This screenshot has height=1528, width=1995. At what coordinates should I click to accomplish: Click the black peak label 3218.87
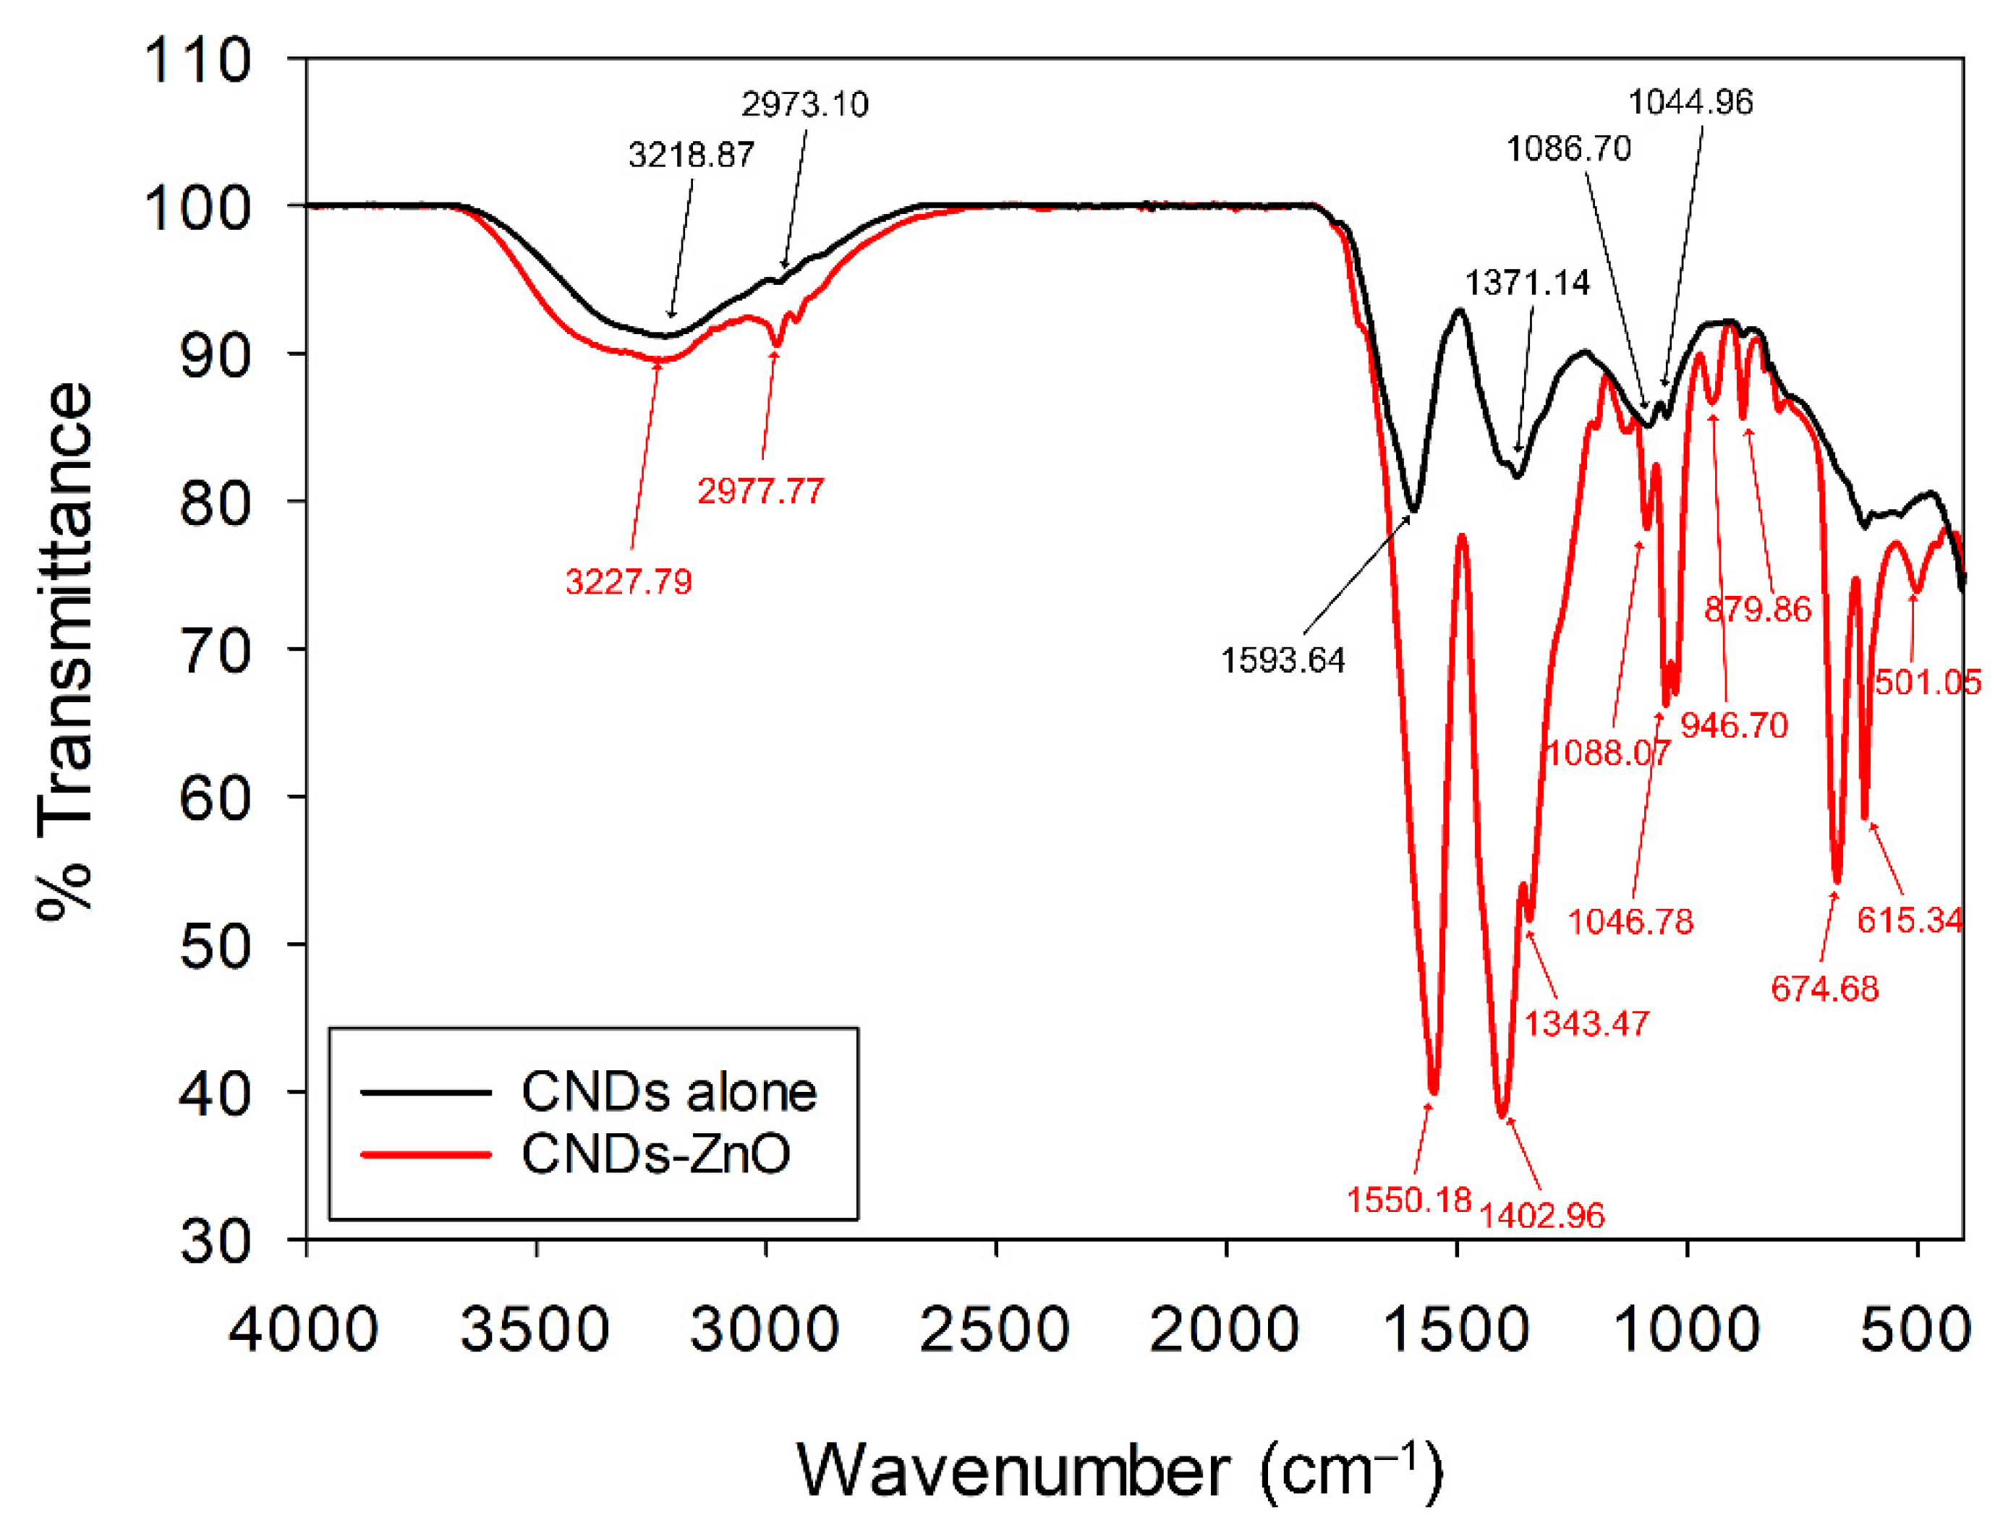tap(691, 155)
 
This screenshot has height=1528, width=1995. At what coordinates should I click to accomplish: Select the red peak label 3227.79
tap(629, 582)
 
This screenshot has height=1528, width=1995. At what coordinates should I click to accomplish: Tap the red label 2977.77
tap(760, 492)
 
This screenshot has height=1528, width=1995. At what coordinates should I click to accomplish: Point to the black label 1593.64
tap(1282, 660)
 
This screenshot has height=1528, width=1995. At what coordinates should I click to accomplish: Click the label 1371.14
tap(1528, 283)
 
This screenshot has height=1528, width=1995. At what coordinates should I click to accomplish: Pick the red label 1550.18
tap(1408, 1200)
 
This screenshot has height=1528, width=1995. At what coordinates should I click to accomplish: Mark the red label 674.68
tap(1824, 989)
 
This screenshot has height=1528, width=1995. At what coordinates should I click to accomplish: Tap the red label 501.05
tap(1927, 682)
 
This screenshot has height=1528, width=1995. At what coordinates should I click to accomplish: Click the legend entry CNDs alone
tap(668, 1093)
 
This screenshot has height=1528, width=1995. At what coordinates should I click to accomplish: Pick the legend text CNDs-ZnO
tap(655, 1154)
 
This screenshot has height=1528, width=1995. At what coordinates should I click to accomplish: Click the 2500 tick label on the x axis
tap(995, 1330)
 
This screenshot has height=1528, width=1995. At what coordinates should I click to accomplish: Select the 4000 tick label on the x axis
tap(304, 1330)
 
